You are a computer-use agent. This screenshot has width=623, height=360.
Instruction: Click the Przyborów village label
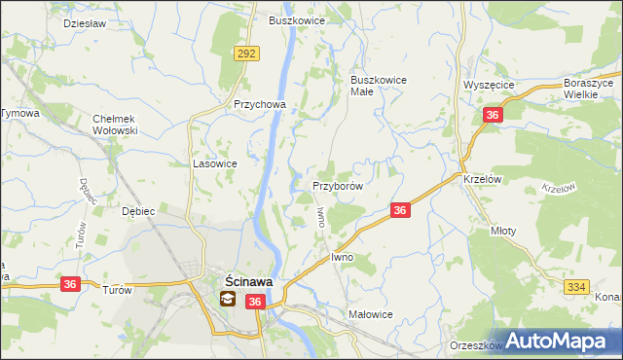pyautogui.click(x=337, y=185)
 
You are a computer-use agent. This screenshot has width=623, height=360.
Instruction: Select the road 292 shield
pyautogui.click(x=246, y=54)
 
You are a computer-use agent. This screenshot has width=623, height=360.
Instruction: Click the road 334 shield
pyautogui.click(x=575, y=285)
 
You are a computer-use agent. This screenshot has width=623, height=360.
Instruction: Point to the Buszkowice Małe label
pyautogui.click(x=378, y=86)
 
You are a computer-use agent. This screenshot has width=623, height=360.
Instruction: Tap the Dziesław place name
pyautogui.click(x=83, y=22)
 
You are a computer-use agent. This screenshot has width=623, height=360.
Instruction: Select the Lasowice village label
pyautogui.click(x=215, y=164)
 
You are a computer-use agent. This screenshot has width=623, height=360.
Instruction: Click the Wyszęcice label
pyautogui.click(x=489, y=85)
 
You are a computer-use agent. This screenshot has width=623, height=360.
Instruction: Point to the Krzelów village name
pyautogui.click(x=482, y=179)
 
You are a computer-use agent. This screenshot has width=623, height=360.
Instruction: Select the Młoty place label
pyautogui.click(x=505, y=232)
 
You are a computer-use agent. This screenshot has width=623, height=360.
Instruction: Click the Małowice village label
pyautogui.click(x=370, y=315)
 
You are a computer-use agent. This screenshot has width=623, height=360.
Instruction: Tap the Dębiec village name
pyautogui.click(x=134, y=211)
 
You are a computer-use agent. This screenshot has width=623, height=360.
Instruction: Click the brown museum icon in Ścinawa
pyautogui.click(x=226, y=300)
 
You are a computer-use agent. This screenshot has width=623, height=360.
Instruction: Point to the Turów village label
pyautogui.click(x=116, y=290)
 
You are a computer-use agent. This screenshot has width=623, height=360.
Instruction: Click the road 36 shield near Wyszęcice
pyautogui.click(x=493, y=116)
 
